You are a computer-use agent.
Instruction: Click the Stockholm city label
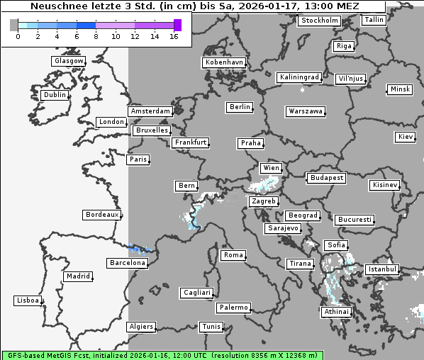coord(319,21)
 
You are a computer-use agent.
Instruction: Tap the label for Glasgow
coord(69,61)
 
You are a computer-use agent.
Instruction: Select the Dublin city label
coord(55,95)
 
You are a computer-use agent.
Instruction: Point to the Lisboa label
coord(28,300)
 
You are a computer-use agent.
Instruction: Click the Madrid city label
coord(78,276)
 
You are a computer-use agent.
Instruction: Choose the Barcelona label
coord(128,263)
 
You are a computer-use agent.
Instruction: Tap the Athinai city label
coord(336,312)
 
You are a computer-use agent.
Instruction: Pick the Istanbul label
coord(383,269)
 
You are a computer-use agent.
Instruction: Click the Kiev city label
coord(406,137)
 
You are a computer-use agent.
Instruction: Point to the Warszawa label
coord(306,111)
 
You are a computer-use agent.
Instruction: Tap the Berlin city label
coord(240,107)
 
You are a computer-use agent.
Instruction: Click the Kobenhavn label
coord(224,62)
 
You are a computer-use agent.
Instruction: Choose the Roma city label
coord(233,255)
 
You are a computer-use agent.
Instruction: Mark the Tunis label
coord(211,327)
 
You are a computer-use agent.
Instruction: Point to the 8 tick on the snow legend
coord(96,36)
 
